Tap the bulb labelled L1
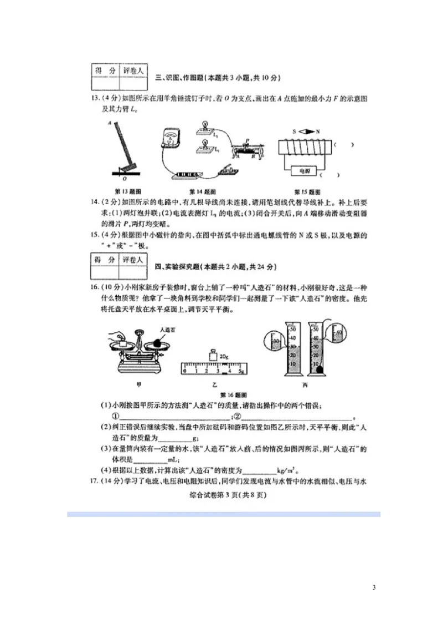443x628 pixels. pos(205,145)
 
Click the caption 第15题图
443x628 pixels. pos(306,191)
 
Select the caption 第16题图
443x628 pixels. pos(229,395)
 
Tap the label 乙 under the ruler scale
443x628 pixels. pos(213,384)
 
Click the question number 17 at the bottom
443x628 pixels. pos(96,481)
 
